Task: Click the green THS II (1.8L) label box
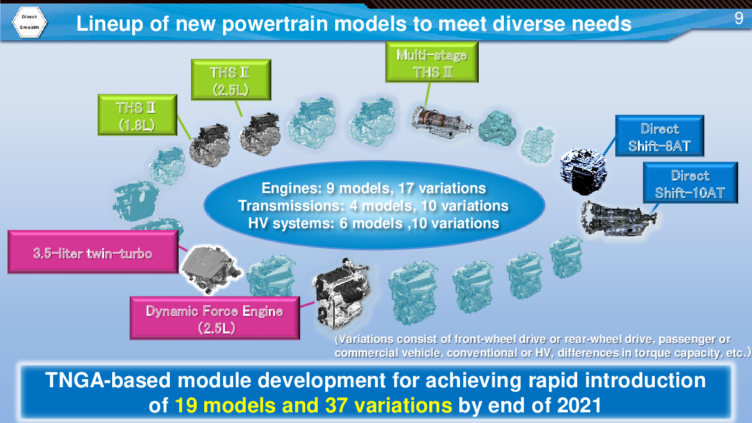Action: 137,115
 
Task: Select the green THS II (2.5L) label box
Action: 231,80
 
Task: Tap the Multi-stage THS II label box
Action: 432,63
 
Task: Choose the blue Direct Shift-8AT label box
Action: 660,136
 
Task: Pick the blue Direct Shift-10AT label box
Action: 690,183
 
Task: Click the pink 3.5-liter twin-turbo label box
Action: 93,252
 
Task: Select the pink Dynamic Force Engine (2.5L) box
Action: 215,318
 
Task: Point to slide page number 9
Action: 739,18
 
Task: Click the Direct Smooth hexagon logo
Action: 29,22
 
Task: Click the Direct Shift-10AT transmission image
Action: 619,218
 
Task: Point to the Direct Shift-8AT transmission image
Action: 583,171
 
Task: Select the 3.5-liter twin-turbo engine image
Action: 211,269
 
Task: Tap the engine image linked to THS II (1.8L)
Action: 210,145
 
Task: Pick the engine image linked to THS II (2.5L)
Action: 260,133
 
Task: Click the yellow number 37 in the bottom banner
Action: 337,405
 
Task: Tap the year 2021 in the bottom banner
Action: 579,405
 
